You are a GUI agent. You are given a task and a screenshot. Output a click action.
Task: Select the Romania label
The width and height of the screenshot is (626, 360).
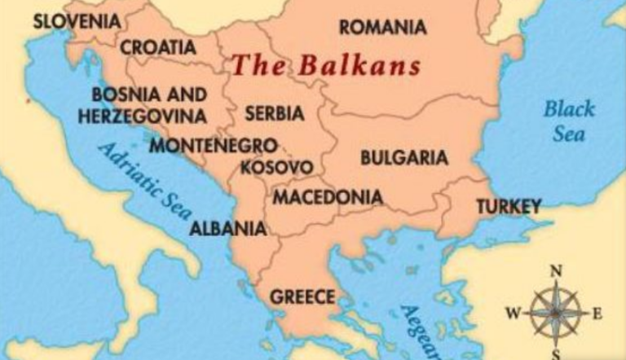point(382,27)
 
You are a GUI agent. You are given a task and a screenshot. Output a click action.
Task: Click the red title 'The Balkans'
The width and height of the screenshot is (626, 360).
point(325,65)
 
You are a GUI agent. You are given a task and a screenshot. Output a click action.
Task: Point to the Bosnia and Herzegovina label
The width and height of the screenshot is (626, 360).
point(142,106)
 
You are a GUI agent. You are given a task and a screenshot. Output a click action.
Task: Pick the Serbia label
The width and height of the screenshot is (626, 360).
point(274,113)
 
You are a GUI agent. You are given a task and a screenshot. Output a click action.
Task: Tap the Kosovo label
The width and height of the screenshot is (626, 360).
point(276,168)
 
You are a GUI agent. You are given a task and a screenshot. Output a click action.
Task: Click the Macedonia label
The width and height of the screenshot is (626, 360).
point(327,197)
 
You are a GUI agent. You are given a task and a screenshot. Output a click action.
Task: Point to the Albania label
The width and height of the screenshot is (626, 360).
point(227,228)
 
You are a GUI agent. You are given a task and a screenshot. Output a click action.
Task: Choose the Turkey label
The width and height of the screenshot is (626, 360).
point(509,206)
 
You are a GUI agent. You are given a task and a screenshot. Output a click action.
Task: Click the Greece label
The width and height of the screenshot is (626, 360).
point(302,296)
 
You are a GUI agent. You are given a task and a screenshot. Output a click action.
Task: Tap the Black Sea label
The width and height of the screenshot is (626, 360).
point(569,121)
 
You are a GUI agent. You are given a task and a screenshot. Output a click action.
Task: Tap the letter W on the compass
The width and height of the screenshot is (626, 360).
point(513,313)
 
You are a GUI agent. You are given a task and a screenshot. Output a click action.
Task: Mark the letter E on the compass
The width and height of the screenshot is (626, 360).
point(597,313)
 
